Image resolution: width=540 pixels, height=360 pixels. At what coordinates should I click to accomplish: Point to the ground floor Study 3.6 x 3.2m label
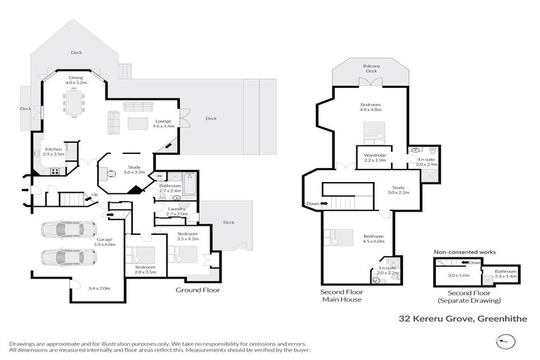coord(133,169)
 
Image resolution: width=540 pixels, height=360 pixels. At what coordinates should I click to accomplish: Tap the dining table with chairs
coord(75,104)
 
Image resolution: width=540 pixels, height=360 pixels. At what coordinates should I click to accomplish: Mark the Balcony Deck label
coord(371,68)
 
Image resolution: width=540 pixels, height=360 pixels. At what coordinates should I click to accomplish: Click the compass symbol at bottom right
coord(505,341)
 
